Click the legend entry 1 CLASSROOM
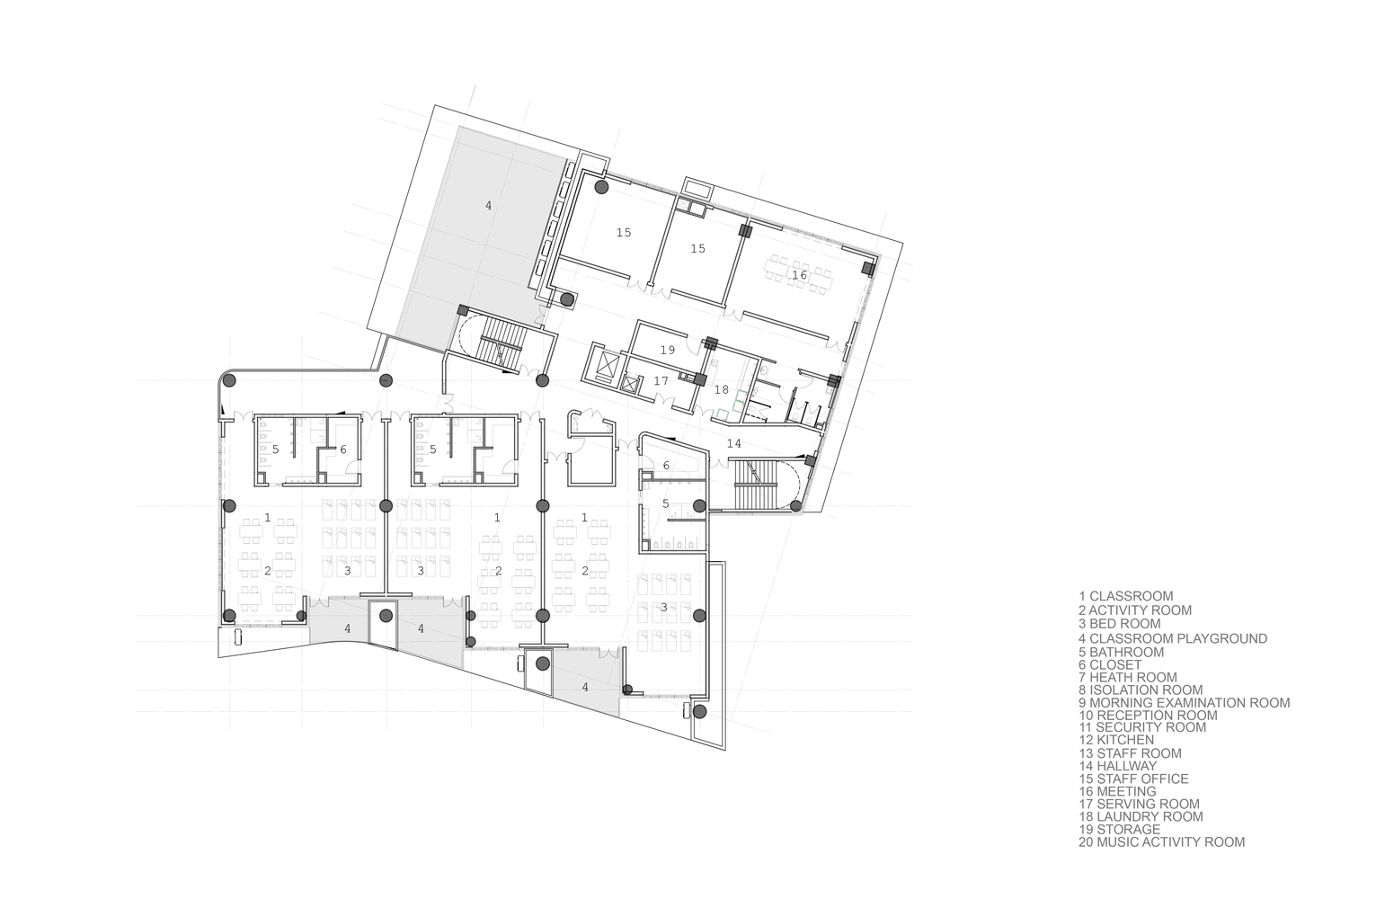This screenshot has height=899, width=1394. tap(1125, 596)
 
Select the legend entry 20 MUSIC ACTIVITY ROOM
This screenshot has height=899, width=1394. tap(1161, 842)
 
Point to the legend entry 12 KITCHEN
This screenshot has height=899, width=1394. tap(1115, 740)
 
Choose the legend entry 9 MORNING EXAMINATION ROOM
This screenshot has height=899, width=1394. tap(1184, 703)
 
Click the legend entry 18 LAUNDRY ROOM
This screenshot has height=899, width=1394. tap(1140, 817)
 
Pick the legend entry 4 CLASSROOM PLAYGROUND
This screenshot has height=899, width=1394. tap(1173, 639)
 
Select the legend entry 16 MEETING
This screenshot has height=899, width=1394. tap(1117, 792)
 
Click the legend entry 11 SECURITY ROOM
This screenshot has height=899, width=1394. tap(1142, 727)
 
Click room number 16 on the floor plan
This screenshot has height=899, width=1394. tap(799, 274)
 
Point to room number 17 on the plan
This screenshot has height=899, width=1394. tap(661, 380)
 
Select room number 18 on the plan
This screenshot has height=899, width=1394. tap(721, 390)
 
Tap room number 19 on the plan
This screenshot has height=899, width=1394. tap(667, 350)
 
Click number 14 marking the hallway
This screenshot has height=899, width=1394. tap(733, 443)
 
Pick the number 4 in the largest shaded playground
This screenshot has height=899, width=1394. tap(488, 205)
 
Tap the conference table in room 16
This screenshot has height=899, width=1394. tap(799, 272)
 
